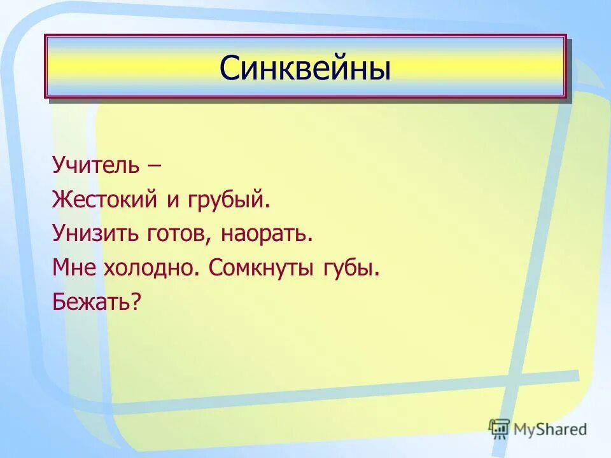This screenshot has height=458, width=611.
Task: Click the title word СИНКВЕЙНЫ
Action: [x=305, y=68]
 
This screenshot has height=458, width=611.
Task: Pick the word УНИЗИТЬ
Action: [x=95, y=234]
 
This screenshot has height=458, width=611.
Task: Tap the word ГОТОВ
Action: [x=178, y=234]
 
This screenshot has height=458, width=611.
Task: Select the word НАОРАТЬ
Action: [x=267, y=234]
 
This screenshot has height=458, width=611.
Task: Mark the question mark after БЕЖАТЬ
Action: [x=135, y=302]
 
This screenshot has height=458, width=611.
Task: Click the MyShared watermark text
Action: [x=551, y=429]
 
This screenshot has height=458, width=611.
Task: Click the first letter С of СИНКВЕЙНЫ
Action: [x=229, y=68]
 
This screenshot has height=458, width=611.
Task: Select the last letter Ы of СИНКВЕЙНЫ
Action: [x=379, y=68]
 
